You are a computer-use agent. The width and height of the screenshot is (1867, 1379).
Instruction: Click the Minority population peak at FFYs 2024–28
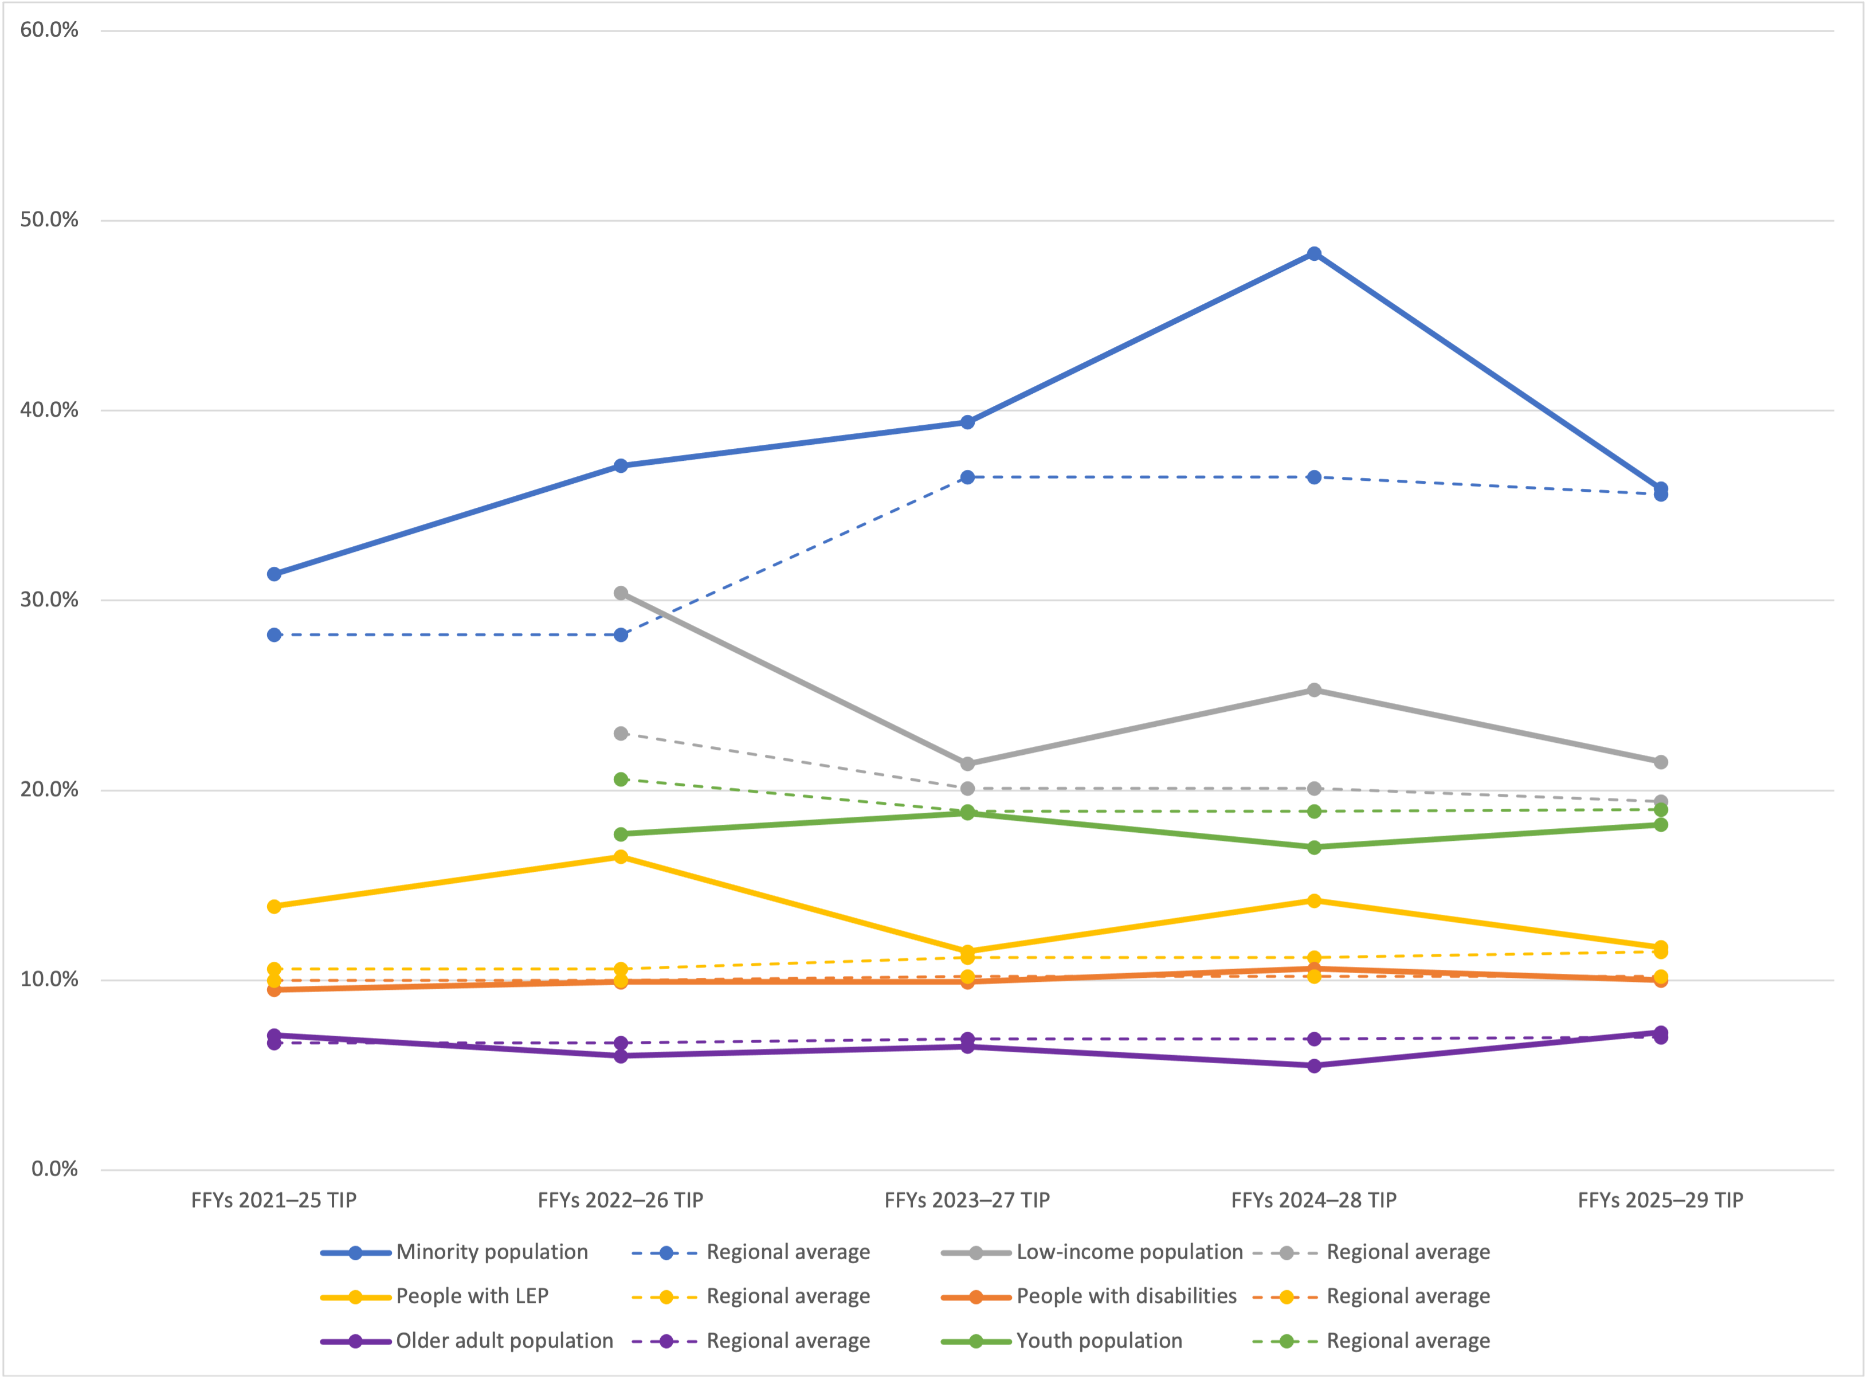click(1313, 254)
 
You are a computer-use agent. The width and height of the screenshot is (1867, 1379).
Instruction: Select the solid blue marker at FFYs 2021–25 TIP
click(274, 574)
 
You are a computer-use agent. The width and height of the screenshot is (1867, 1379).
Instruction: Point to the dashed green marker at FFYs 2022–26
click(620, 779)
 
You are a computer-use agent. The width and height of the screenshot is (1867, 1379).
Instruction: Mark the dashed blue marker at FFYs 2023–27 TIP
click(967, 477)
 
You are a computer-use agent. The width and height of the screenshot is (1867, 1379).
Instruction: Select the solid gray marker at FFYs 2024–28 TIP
click(1313, 690)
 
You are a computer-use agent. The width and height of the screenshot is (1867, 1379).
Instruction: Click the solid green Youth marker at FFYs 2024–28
click(1313, 847)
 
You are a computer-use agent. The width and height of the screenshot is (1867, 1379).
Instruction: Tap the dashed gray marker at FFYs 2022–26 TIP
click(620, 734)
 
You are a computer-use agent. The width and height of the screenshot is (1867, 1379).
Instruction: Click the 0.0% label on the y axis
click(54, 1169)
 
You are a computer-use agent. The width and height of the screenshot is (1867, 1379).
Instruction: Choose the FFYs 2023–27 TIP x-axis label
click(967, 1200)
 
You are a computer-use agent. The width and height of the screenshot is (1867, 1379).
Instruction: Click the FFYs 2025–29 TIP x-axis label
click(1660, 1200)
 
